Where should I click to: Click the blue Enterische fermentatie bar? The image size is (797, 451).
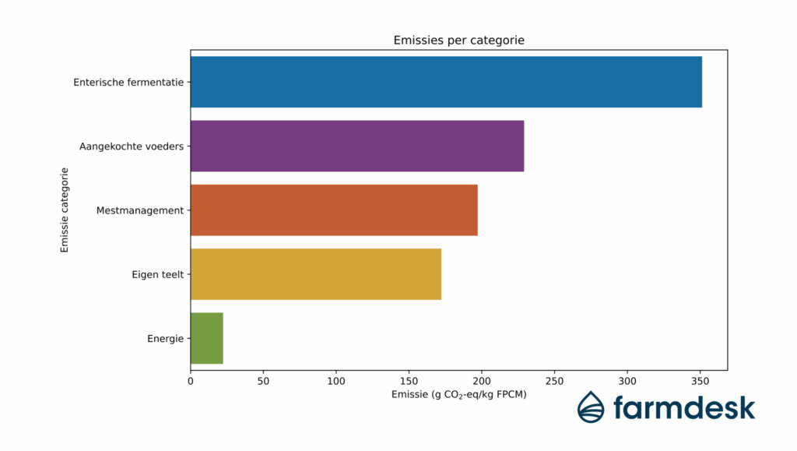pyautogui.click(x=446, y=82)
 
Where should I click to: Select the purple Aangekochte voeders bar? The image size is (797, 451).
pyautogui.click(x=357, y=146)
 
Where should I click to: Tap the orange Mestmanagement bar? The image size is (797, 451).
pyautogui.click(x=334, y=210)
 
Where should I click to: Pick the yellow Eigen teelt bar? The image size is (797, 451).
pyautogui.click(x=316, y=274)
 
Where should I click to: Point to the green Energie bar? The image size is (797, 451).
pyautogui.click(x=207, y=338)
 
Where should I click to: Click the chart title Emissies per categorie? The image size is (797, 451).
pyautogui.click(x=458, y=41)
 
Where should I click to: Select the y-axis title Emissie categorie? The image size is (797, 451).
pyautogui.click(x=65, y=210)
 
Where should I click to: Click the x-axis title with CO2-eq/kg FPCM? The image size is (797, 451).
pyautogui.click(x=458, y=395)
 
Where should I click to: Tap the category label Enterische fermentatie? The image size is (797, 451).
pyautogui.click(x=128, y=82)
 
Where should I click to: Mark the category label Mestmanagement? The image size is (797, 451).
pyautogui.click(x=140, y=210)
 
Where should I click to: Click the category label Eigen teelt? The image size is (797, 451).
pyautogui.click(x=158, y=274)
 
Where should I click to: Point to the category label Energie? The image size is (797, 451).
pyautogui.click(x=165, y=339)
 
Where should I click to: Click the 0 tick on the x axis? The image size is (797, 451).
pyautogui.click(x=191, y=381)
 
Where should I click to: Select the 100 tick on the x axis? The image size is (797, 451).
pyautogui.click(x=336, y=381)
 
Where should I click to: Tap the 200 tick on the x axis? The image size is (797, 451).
pyautogui.click(x=482, y=381)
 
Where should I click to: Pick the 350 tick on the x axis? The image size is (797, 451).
pyautogui.click(x=700, y=381)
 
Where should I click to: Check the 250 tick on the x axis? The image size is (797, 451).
pyautogui.click(x=555, y=381)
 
